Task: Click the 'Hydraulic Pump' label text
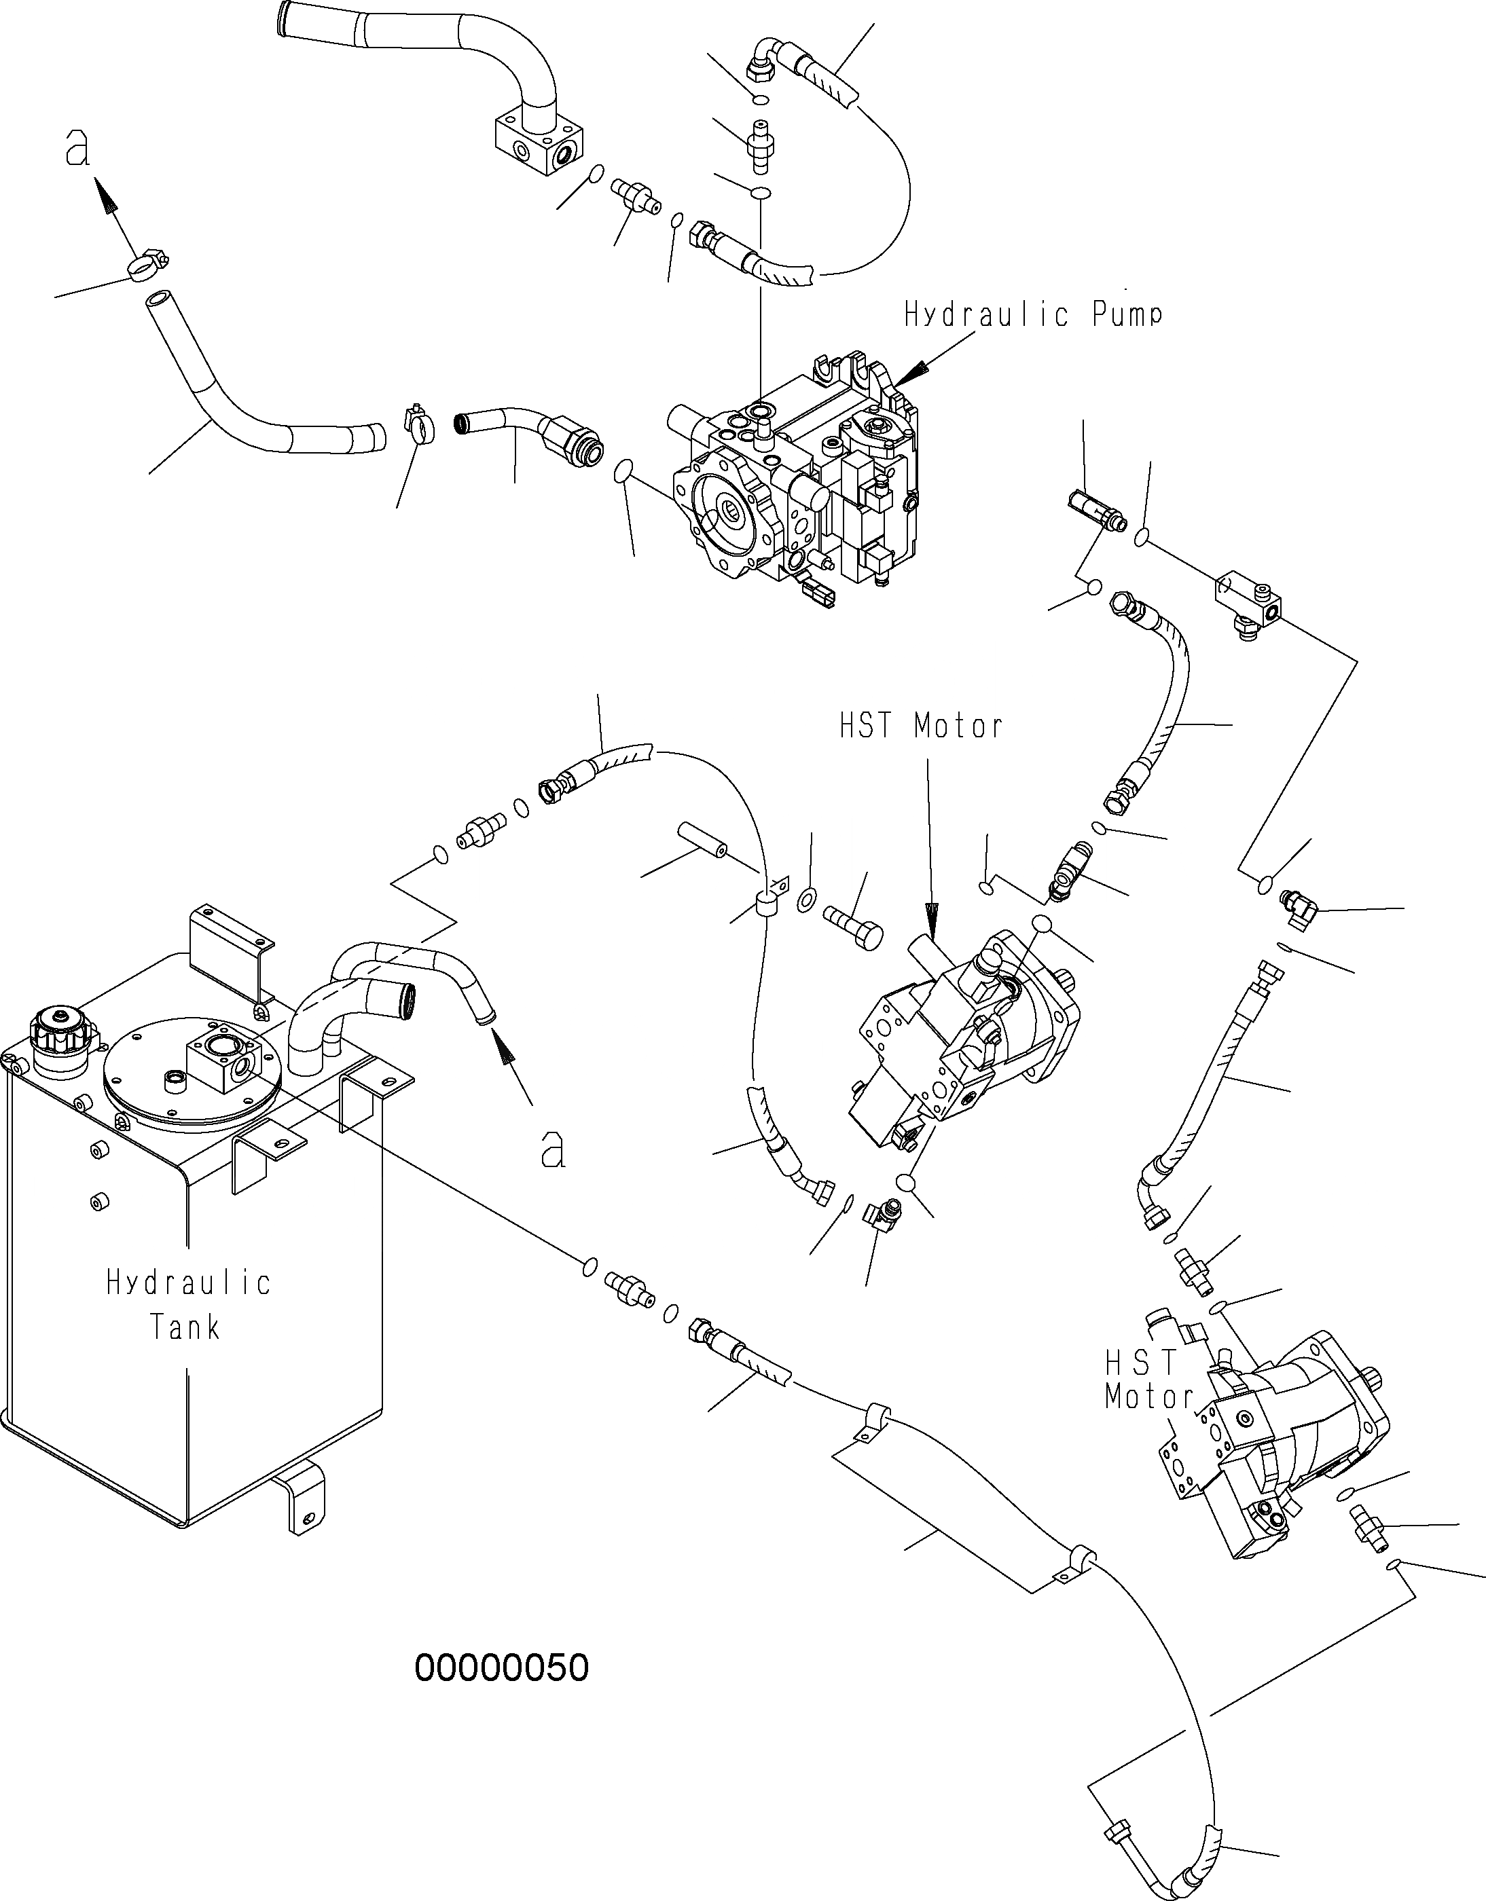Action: (1032, 314)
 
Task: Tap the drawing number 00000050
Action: (503, 1667)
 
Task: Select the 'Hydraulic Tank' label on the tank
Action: (188, 1305)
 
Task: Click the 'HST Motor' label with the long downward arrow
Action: (921, 725)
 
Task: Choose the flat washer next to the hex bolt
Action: (808, 898)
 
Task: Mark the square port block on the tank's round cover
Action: (222, 1056)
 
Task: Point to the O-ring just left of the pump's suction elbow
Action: (622, 472)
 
